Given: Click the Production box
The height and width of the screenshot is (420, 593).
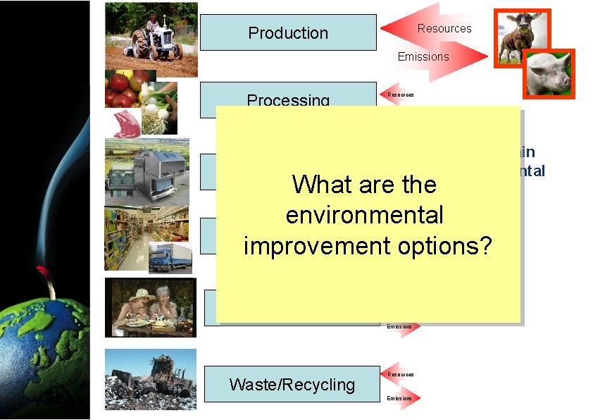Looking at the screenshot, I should tap(288, 32).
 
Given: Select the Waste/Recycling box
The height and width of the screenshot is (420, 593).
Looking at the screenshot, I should tap(292, 384).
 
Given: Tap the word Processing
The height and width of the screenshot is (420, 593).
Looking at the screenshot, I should tap(288, 99).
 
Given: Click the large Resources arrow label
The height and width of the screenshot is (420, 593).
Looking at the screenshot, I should tap(444, 28).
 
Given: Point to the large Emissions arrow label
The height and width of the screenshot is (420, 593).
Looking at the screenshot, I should tap(423, 56).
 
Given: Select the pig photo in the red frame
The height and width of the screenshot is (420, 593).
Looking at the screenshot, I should tap(548, 73).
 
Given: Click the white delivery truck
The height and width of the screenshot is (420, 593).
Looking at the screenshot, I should tap(170, 257).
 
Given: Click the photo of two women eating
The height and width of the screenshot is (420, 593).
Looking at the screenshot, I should tap(149, 307).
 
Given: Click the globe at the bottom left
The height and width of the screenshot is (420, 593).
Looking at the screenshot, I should tap(42, 352).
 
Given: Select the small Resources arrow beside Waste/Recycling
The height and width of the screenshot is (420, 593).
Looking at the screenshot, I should tap(401, 374).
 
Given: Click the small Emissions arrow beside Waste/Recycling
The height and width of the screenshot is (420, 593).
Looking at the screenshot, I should tap(403, 398).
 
